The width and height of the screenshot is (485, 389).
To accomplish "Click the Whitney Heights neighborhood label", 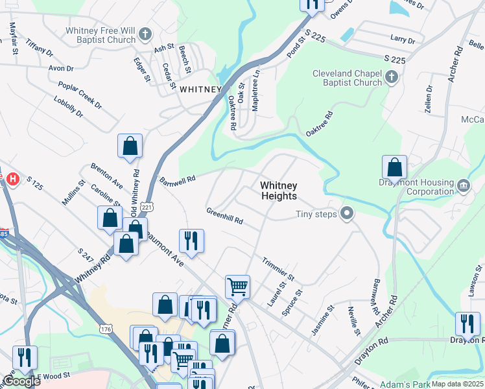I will click(x=278, y=191).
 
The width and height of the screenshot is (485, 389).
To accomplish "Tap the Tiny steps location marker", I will click(x=348, y=213).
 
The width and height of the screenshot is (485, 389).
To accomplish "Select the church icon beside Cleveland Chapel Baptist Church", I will click(x=391, y=78).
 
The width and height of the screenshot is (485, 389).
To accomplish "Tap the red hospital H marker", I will click(x=12, y=178).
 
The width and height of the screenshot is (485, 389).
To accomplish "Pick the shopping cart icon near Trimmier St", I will click(x=238, y=285).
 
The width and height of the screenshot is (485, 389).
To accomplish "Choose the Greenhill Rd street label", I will click(x=224, y=216).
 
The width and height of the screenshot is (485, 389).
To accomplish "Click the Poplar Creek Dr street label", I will click(x=80, y=95).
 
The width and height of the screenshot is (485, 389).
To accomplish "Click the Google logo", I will click(x=21, y=381).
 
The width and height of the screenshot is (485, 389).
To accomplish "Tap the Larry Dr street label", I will click(x=403, y=40).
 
